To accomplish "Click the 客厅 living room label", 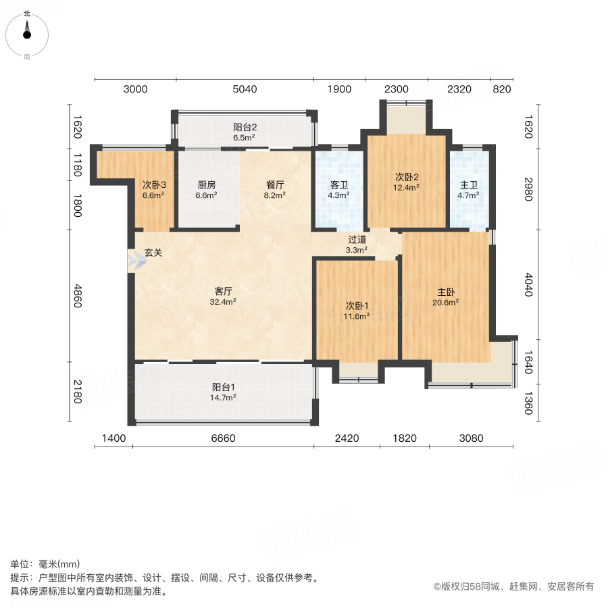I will [224, 291].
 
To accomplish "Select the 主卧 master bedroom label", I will [445, 293].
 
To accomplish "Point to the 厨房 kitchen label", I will [206, 184].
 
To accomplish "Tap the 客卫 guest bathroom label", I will [338, 184].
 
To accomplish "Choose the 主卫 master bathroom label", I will [468, 184].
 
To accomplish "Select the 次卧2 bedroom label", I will [407, 178].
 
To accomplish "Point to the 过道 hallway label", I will [357, 239].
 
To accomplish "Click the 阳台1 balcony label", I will [224, 387].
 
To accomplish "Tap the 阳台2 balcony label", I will [245, 126].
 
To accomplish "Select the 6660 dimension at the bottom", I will [223, 438].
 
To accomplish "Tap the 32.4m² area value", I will [224, 302].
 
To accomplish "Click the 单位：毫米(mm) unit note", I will [45, 565].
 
